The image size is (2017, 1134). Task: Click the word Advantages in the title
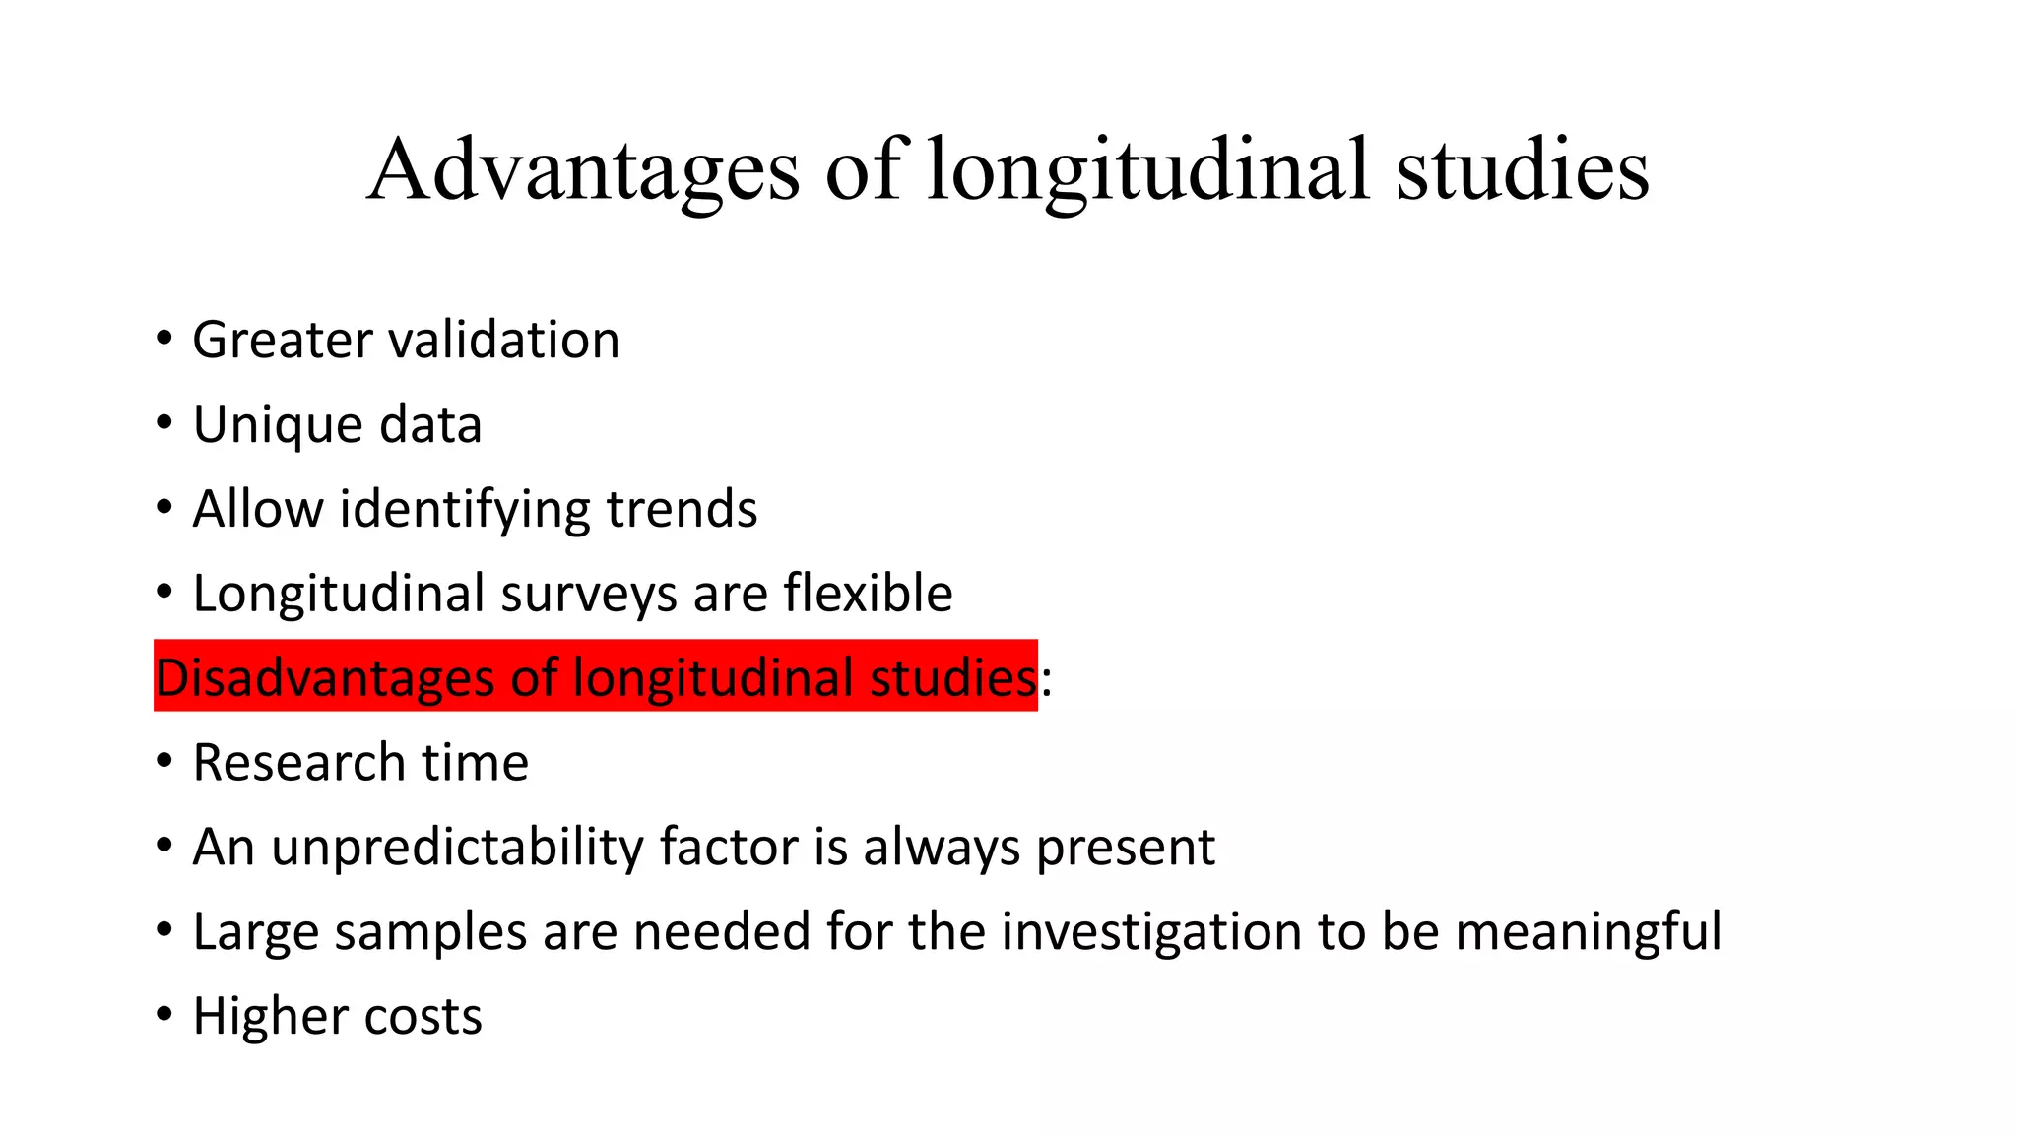583,169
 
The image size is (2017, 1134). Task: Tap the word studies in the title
1522,169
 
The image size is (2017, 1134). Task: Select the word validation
504,341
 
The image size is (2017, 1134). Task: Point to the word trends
682,510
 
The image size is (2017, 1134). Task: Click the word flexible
868,594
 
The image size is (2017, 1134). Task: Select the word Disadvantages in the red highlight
325,678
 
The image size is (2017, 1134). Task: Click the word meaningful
1588,932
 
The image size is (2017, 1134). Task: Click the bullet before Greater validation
164,340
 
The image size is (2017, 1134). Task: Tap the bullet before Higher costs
164,1015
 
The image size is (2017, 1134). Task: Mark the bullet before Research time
164,762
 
